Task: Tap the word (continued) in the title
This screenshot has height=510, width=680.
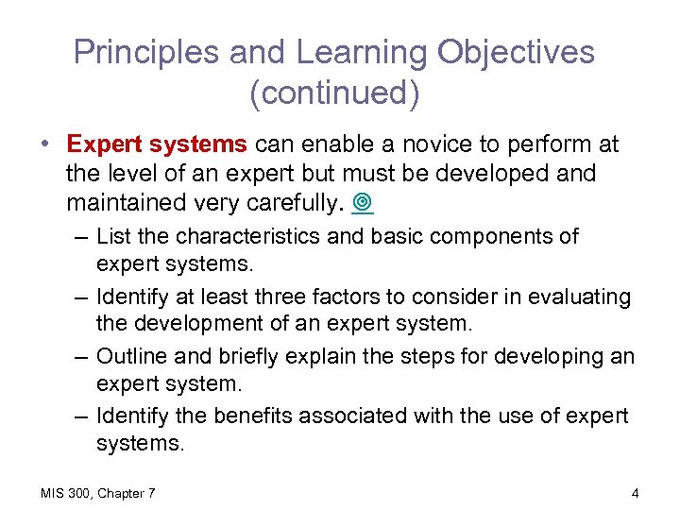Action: point(334,93)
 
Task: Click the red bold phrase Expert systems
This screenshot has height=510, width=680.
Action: point(157,144)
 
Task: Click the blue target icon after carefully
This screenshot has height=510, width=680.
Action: point(365,204)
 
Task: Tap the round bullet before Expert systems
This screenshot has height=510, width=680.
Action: point(45,144)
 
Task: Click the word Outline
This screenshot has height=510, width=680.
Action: point(133,356)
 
